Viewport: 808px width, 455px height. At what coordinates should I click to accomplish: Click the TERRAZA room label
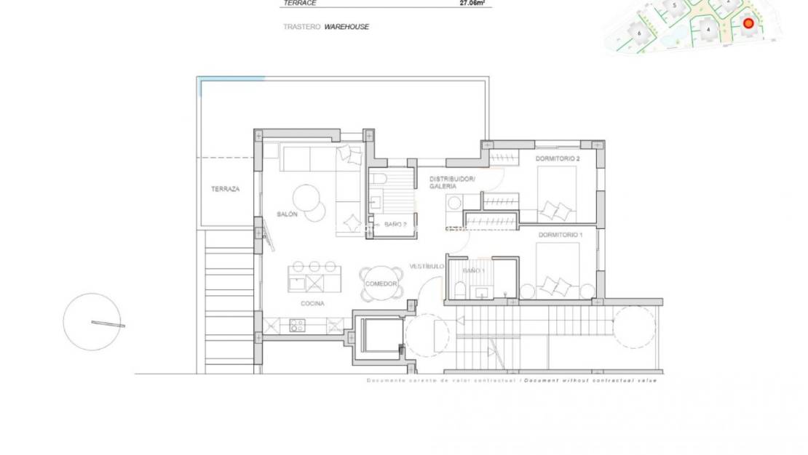225,189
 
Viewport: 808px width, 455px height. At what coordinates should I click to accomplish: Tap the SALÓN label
287,214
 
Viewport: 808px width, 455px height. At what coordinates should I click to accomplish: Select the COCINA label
312,304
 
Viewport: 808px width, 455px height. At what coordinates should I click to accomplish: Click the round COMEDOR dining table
381,283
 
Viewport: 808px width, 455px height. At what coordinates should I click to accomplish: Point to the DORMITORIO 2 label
558,158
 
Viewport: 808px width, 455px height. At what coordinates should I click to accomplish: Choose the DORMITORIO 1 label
561,235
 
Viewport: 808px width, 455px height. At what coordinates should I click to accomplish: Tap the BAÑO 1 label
474,270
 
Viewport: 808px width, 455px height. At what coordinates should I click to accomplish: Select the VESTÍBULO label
426,266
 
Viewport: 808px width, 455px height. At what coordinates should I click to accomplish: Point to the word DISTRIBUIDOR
451,178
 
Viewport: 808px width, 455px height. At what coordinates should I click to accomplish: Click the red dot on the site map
748,23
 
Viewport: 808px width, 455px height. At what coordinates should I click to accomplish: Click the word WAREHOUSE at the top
346,27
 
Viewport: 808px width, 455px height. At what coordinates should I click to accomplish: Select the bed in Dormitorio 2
557,193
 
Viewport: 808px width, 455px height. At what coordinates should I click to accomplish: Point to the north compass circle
92,321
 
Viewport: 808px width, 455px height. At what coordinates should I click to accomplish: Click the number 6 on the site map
639,33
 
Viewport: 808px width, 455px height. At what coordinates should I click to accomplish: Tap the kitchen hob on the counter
297,326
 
